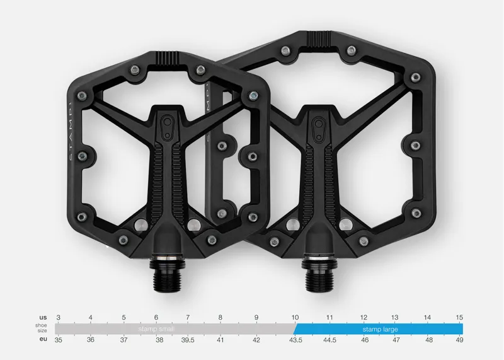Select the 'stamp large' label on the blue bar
(x=380, y=329)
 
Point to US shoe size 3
(x=58, y=317)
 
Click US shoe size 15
(x=459, y=317)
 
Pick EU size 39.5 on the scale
(x=188, y=340)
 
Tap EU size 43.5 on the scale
(x=295, y=340)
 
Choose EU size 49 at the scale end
(x=459, y=340)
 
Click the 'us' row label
(x=43, y=317)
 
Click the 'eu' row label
(x=43, y=340)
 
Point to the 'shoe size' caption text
(x=41, y=328)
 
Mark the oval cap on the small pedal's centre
(x=168, y=124)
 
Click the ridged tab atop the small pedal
(x=168, y=58)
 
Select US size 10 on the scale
(x=295, y=317)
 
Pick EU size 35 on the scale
(x=59, y=340)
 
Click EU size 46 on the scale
(x=364, y=340)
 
